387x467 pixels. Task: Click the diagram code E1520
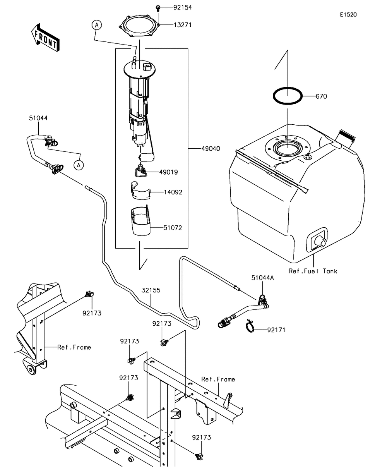[x=348, y=15]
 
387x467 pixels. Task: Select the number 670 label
[x=321, y=96]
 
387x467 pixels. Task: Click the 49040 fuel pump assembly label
[x=211, y=148]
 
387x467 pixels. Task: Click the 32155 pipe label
[x=151, y=290]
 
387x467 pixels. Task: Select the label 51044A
[x=263, y=278]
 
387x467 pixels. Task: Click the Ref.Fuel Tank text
[x=313, y=271]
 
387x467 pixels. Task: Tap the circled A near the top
[x=96, y=25]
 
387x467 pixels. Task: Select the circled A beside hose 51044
[x=79, y=165]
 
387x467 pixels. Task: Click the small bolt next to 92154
[x=158, y=7]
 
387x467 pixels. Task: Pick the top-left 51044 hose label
[x=38, y=118]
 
